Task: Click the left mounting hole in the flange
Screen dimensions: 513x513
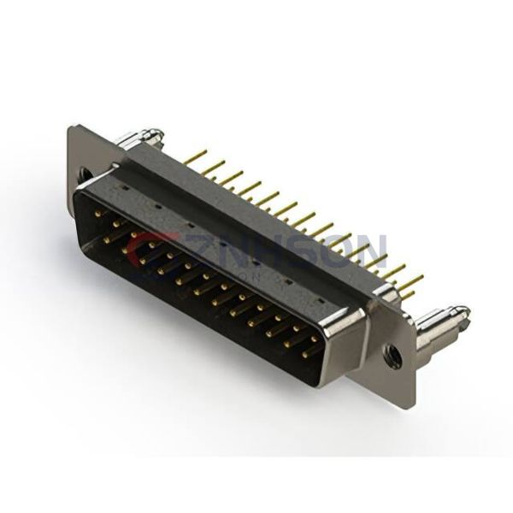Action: (85, 174)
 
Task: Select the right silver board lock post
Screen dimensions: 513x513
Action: (440, 323)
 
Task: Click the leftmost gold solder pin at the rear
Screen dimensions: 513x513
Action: (195, 156)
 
